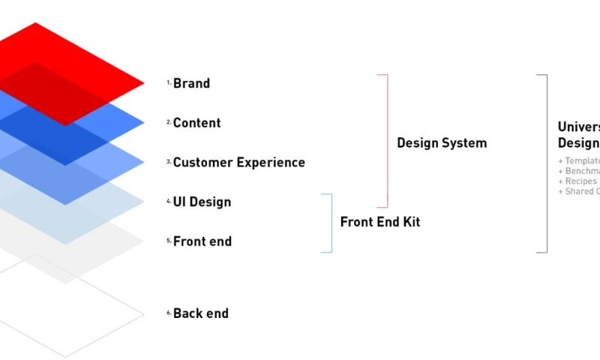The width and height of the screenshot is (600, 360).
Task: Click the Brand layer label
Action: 191,83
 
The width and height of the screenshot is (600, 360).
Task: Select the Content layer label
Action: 196,123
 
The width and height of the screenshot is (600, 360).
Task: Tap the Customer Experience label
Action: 238,163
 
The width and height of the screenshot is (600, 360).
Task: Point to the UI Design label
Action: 202,202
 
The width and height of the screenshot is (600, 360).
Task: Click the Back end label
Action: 200,313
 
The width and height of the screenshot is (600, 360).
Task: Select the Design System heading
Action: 442,142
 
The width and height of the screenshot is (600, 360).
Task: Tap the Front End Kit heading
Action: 380,222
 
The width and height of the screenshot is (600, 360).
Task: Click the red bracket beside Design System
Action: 387,140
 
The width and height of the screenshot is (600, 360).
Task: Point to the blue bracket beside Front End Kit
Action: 331,223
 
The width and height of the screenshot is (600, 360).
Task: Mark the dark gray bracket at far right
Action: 546,163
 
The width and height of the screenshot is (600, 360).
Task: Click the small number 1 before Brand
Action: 169,83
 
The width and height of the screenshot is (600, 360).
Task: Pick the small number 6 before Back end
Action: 169,313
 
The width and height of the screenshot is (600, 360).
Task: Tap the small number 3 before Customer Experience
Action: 169,162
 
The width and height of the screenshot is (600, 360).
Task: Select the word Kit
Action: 411,222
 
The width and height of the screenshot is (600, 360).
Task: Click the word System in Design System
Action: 464,142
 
